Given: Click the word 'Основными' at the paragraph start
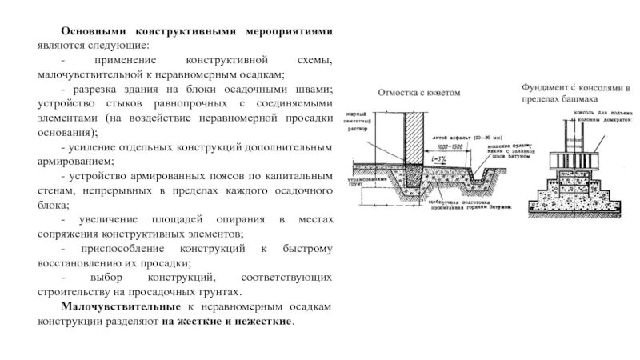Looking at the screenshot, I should pyautogui.click(x=89, y=30).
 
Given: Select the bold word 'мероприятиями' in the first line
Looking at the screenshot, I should pyautogui.click(x=292, y=30).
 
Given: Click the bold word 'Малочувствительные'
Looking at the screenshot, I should pyautogui.click(x=120, y=306).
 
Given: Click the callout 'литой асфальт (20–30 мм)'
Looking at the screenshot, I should pyautogui.click(x=459, y=138).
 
